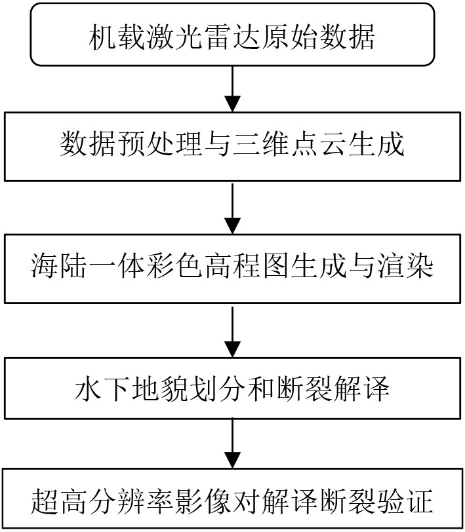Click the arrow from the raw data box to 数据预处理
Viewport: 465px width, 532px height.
click(x=233, y=88)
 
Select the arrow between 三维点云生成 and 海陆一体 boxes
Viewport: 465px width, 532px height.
click(x=233, y=208)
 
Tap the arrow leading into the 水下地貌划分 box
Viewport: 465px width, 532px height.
click(x=233, y=332)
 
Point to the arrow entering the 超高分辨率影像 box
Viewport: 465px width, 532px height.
click(x=233, y=443)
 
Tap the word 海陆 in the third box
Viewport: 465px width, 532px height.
click(x=60, y=267)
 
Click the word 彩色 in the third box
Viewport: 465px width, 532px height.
click(x=174, y=267)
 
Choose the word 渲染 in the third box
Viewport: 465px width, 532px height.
click(x=404, y=267)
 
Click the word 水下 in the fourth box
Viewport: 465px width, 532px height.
click(x=103, y=389)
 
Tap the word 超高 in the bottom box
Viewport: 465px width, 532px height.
click(x=60, y=501)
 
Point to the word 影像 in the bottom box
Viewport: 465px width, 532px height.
click(x=203, y=501)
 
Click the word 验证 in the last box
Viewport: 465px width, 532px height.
click(x=404, y=501)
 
